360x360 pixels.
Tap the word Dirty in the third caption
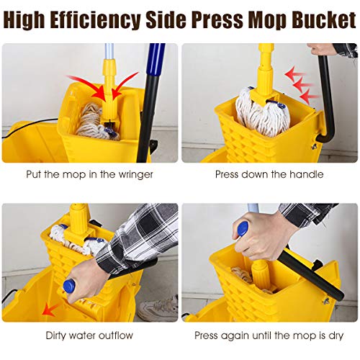[58, 336]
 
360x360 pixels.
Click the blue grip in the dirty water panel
[70, 286]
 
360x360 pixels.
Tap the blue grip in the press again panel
[243, 228]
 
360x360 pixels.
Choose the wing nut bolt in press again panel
[327, 297]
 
